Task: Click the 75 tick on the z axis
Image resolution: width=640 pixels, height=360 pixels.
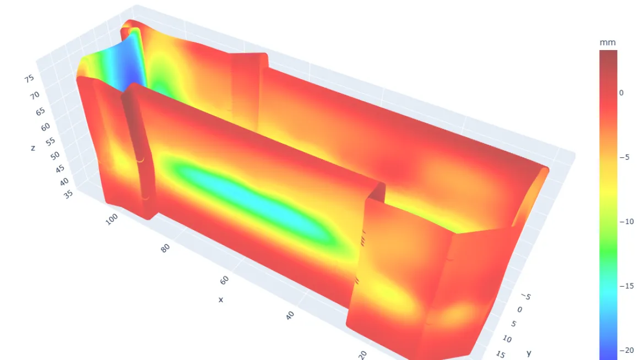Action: click(x=29, y=78)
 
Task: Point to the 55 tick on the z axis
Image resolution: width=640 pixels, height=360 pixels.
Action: click(x=50, y=142)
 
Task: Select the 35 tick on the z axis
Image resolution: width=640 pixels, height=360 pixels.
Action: click(x=68, y=194)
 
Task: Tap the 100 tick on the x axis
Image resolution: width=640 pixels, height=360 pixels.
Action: click(x=111, y=219)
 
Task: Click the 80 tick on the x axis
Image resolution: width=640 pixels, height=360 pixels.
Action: click(x=165, y=248)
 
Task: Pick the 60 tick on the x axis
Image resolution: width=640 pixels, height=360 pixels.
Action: click(x=224, y=280)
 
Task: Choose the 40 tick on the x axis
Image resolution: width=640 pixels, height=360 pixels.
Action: click(x=290, y=315)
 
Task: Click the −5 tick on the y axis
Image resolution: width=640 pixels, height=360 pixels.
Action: click(x=526, y=296)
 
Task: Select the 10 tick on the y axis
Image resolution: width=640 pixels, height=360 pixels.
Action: click(x=507, y=339)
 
